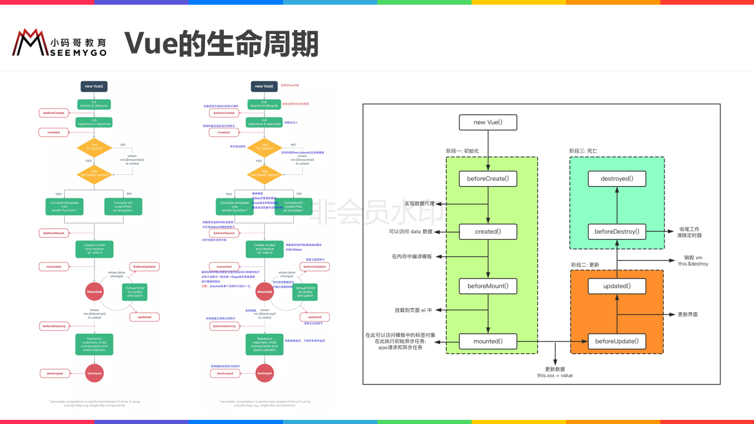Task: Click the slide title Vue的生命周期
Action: tap(221, 44)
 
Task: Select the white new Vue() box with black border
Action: tap(488, 122)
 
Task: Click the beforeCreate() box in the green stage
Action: tap(488, 178)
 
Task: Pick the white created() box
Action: tap(488, 231)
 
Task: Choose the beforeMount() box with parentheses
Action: tap(488, 286)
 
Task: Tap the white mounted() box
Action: tap(488, 341)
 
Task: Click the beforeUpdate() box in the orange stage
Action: tap(617, 341)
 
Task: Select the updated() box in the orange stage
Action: tap(617, 286)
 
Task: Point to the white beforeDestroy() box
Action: tap(617, 231)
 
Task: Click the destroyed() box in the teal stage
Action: tap(617, 178)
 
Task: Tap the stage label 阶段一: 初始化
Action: tap(462, 151)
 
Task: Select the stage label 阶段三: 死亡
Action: tap(583, 151)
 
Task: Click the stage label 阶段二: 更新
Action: tap(585, 265)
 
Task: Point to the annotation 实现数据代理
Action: tap(419, 204)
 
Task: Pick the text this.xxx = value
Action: tap(555, 375)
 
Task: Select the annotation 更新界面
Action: tap(688, 314)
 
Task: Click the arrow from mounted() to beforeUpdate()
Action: tap(552, 341)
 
